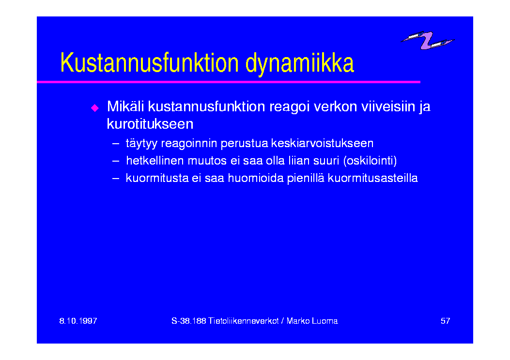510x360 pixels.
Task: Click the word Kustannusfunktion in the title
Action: (150, 63)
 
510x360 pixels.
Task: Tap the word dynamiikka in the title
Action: (300, 64)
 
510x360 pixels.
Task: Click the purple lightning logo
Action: (427, 40)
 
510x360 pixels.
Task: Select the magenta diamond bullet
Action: (94, 107)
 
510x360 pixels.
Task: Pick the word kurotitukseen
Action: (150, 124)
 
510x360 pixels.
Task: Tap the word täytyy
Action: (141, 144)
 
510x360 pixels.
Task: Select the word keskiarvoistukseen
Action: (322, 143)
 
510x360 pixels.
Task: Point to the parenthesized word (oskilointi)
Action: (370, 161)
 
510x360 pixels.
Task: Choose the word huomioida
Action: (256, 178)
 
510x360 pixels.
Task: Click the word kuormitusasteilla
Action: (373, 178)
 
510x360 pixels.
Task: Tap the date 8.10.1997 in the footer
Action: (78, 321)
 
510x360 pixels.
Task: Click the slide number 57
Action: (445, 321)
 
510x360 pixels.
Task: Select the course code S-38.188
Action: (189, 321)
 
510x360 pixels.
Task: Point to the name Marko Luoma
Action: (312, 321)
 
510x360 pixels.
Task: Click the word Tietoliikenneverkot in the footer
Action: (244, 321)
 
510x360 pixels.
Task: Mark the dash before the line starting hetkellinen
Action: (115, 161)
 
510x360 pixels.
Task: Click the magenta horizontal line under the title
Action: (229, 82)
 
